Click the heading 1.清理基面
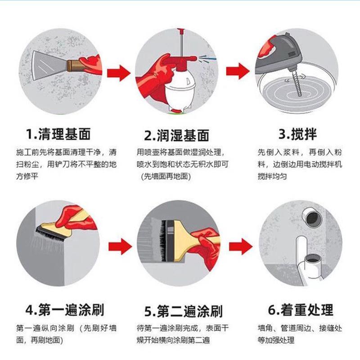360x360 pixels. pos(58,134)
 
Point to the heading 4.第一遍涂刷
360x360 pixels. pos(65,310)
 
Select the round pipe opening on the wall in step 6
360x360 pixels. pos(311,219)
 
